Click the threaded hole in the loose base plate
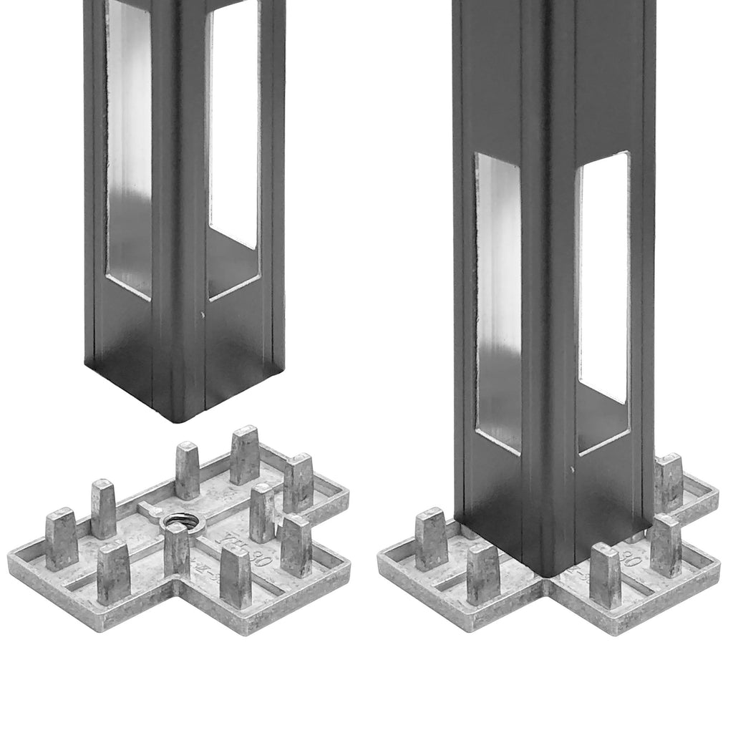(175, 523)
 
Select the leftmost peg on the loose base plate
(62, 538)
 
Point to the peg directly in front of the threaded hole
(176, 550)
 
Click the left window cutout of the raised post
(129, 150)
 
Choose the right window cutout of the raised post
(233, 129)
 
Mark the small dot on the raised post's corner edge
(203, 314)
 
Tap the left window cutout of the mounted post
(498, 301)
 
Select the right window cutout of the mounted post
(603, 279)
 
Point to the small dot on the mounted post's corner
(572, 469)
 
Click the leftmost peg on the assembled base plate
(431, 538)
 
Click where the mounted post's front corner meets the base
(548, 573)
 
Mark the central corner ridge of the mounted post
(547, 286)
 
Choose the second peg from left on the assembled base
(483, 573)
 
